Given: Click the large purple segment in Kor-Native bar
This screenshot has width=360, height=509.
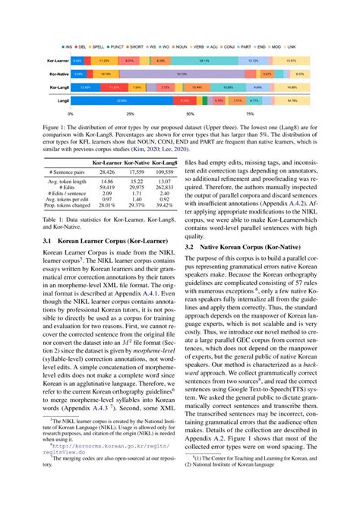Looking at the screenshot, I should (182, 74).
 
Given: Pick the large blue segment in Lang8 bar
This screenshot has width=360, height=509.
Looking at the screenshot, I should (122, 100).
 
